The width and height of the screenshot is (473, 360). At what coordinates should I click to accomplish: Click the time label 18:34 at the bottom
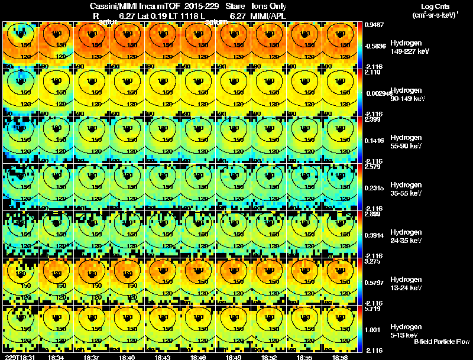pyautogui.click(x=56, y=357)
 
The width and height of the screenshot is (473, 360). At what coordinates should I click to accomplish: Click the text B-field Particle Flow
pyautogui.click(x=441, y=342)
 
